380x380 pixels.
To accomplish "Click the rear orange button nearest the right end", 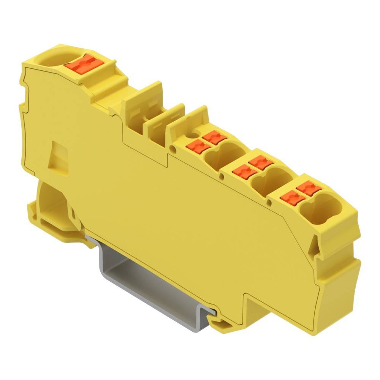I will (308, 188).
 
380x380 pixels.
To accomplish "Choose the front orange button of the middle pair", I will (244, 172).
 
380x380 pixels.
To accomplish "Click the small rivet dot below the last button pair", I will (270, 203).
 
